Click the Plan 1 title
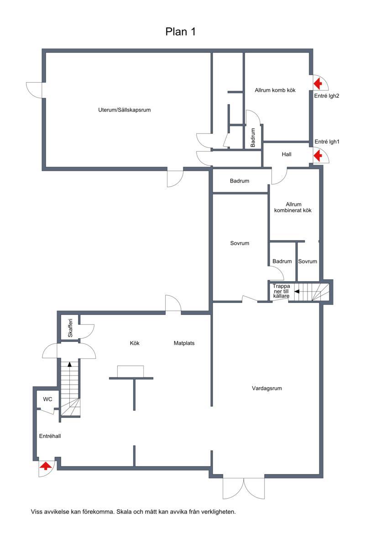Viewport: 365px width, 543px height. pyautogui.click(x=180, y=31)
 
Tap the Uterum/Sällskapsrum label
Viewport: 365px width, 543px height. pyautogui.click(x=124, y=110)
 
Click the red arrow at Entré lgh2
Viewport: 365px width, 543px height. pyautogui.click(x=318, y=84)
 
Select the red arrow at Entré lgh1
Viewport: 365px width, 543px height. pyautogui.click(x=318, y=156)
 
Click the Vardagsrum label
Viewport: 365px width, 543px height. pyautogui.click(x=266, y=388)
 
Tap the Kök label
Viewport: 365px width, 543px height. pyautogui.click(x=135, y=343)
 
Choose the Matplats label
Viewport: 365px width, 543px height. pyautogui.click(x=184, y=343)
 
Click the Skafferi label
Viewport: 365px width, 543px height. pyautogui.click(x=70, y=328)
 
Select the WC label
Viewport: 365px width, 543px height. pyautogui.click(x=47, y=399)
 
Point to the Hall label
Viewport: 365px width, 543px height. pyautogui.click(x=287, y=154)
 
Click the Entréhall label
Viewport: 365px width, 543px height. pyautogui.click(x=50, y=436)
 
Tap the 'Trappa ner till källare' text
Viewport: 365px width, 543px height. pyautogui.click(x=281, y=291)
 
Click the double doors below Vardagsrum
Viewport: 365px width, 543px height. pyautogui.click(x=244, y=488)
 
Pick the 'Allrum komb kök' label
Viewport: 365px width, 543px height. pyautogui.click(x=275, y=90)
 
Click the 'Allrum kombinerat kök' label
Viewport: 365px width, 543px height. pyautogui.click(x=293, y=207)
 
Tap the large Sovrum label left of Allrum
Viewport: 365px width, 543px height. pyautogui.click(x=240, y=243)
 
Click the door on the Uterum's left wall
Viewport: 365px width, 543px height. pyautogui.click(x=35, y=90)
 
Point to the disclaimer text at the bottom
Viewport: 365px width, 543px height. pyautogui.click(x=133, y=512)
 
